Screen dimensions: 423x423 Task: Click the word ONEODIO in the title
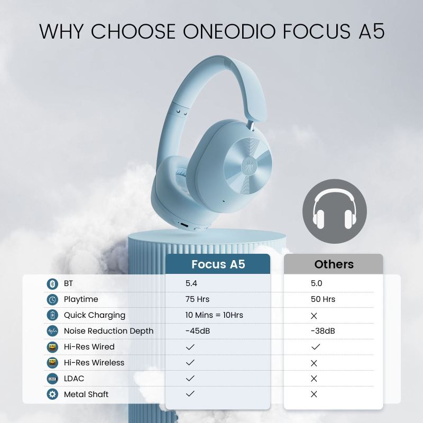(230, 31)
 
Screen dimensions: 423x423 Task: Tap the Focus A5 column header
(218, 264)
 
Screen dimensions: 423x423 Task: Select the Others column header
(334, 264)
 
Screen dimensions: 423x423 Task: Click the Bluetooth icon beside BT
(52, 284)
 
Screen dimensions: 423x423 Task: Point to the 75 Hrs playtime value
(197, 299)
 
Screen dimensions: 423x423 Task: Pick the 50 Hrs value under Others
(323, 299)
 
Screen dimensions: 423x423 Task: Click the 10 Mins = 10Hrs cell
(214, 315)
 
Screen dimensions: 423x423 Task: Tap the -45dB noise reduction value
(198, 331)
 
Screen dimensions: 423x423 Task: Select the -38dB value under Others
(323, 331)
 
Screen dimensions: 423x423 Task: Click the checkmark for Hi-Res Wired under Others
(316, 347)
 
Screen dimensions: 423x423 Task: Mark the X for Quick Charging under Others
(314, 316)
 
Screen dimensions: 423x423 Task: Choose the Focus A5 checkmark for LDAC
(190, 378)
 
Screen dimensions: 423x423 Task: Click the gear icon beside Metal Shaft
(52, 394)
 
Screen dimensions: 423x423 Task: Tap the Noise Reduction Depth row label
(108, 331)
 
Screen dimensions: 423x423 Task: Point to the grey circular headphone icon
(335, 211)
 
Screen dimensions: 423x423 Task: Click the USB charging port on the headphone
(184, 225)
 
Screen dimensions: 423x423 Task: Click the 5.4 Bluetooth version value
(191, 283)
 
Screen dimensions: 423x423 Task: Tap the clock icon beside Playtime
(52, 300)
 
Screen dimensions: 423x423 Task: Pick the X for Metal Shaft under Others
(314, 394)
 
